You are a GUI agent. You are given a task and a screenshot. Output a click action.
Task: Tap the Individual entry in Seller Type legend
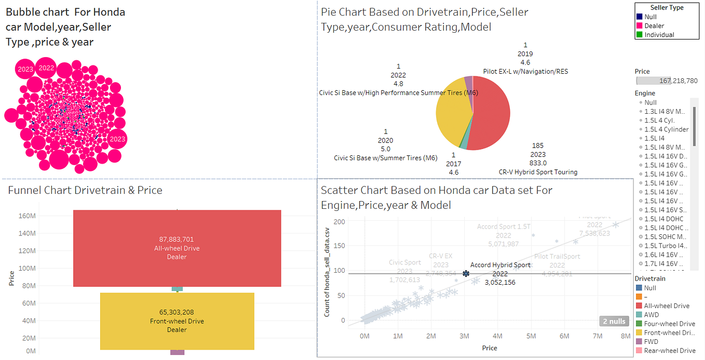pyautogui.click(x=659, y=35)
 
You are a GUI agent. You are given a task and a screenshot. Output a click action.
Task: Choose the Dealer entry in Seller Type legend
pyautogui.click(x=654, y=25)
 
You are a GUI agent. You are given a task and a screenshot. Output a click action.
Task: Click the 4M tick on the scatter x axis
pyautogui.click(x=497, y=336)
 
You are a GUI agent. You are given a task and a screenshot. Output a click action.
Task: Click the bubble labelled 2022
pyautogui.click(x=46, y=68)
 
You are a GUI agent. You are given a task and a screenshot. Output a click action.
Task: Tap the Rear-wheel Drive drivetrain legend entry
pyautogui.click(x=669, y=351)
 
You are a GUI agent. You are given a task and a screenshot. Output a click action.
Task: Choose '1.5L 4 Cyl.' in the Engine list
pyautogui.click(x=659, y=121)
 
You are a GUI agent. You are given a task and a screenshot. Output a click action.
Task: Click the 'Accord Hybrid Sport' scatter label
pyautogui.click(x=500, y=265)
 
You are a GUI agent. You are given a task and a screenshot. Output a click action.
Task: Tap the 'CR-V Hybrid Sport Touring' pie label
pyautogui.click(x=537, y=172)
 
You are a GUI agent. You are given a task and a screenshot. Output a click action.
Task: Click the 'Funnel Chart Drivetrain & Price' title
pyautogui.click(x=85, y=191)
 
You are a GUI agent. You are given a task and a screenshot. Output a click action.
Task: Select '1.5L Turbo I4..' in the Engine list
pyautogui.click(x=665, y=246)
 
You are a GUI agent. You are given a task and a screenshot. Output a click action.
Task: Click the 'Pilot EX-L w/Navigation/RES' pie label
pyautogui.click(x=525, y=71)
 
